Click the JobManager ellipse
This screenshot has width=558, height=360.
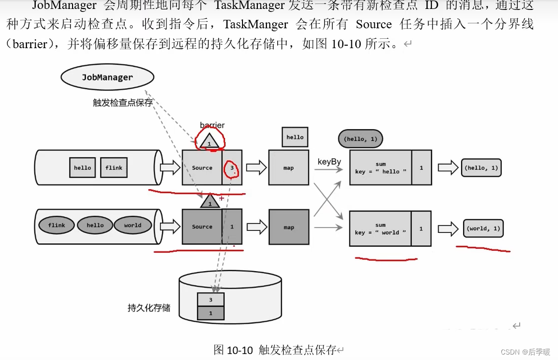(x=107, y=77)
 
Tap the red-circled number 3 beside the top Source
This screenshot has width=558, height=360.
(x=232, y=168)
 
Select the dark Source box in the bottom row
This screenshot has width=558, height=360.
(x=202, y=227)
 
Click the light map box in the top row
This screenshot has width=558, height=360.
(x=289, y=168)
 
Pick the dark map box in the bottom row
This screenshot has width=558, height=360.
(x=289, y=227)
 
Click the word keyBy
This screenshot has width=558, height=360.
(x=328, y=162)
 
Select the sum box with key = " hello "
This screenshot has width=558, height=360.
(x=381, y=168)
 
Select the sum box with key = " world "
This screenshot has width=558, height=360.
(x=381, y=229)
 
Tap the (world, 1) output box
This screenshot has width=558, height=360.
(x=483, y=228)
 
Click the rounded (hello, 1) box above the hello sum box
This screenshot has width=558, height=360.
(x=360, y=139)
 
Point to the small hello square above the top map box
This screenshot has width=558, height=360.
(x=295, y=137)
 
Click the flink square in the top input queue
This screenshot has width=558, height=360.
(x=114, y=168)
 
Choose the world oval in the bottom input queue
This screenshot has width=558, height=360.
(x=133, y=225)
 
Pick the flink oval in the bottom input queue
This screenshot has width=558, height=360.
(x=57, y=225)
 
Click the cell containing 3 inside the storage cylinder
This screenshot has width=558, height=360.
(x=211, y=300)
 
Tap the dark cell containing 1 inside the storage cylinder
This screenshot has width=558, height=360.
(x=211, y=313)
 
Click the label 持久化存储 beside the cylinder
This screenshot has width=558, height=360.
(x=149, y=308)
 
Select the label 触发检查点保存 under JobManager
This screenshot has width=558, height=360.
(x=123, y=103)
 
